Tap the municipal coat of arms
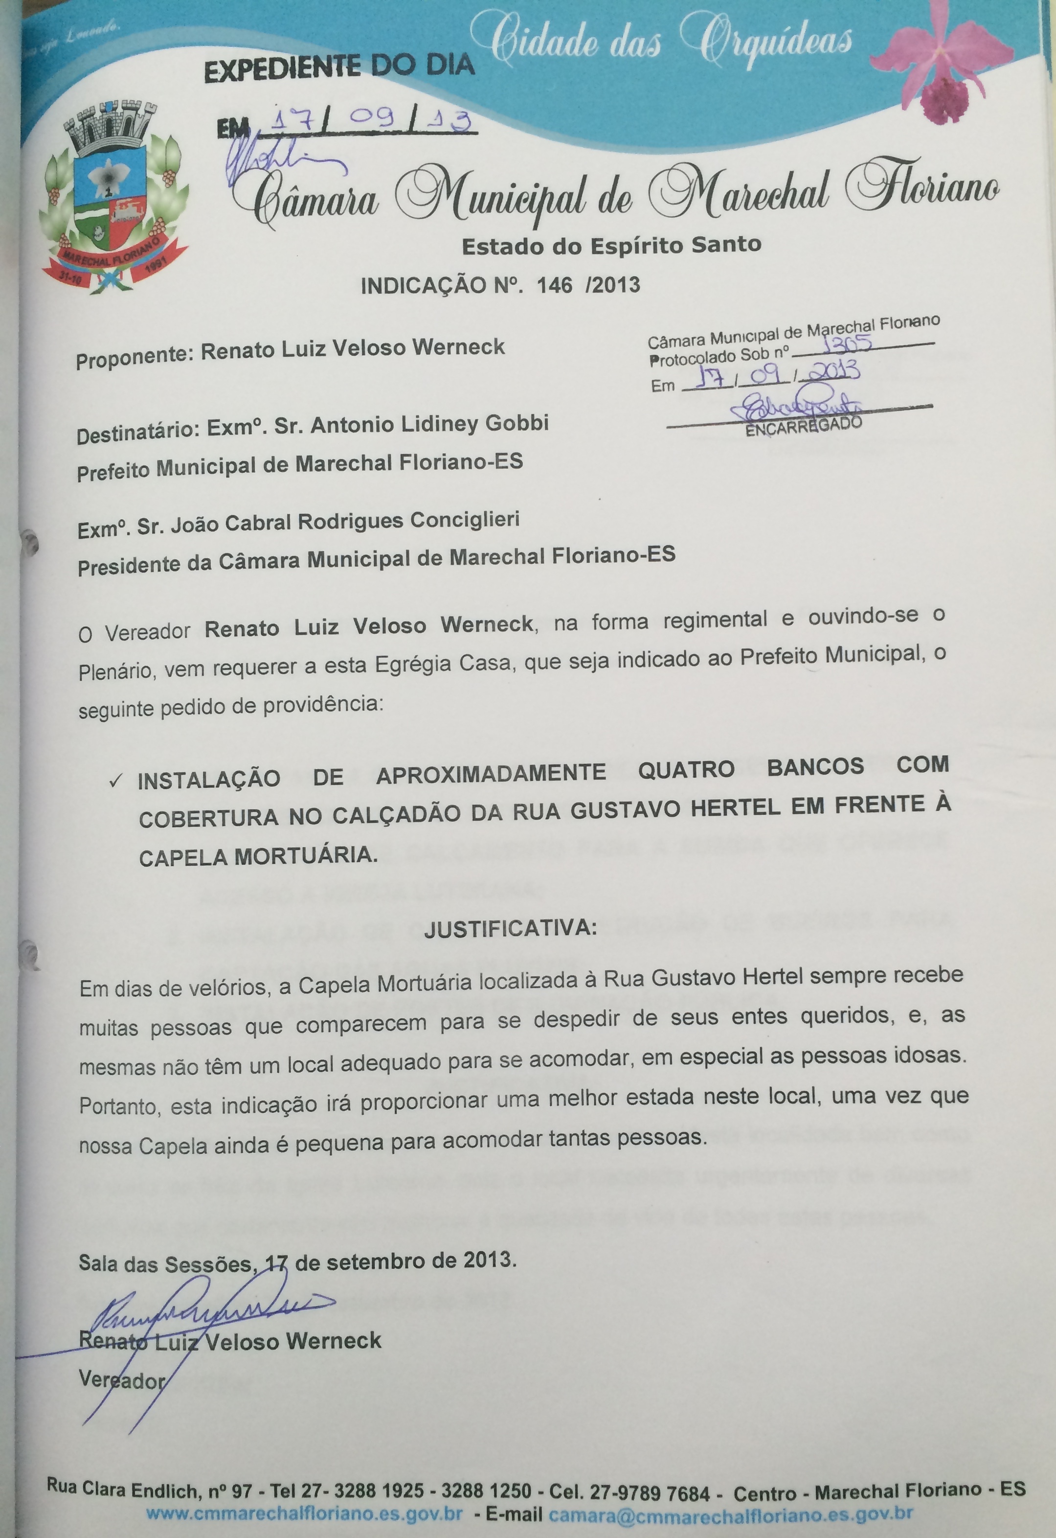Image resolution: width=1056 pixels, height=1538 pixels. (109, 199)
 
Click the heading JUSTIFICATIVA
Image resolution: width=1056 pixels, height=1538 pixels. (510, 928)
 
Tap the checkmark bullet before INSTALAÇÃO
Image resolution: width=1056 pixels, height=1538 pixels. (116, 781)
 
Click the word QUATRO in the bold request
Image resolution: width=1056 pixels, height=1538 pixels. (686, 770)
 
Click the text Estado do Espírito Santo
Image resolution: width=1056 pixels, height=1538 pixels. (611, 246)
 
